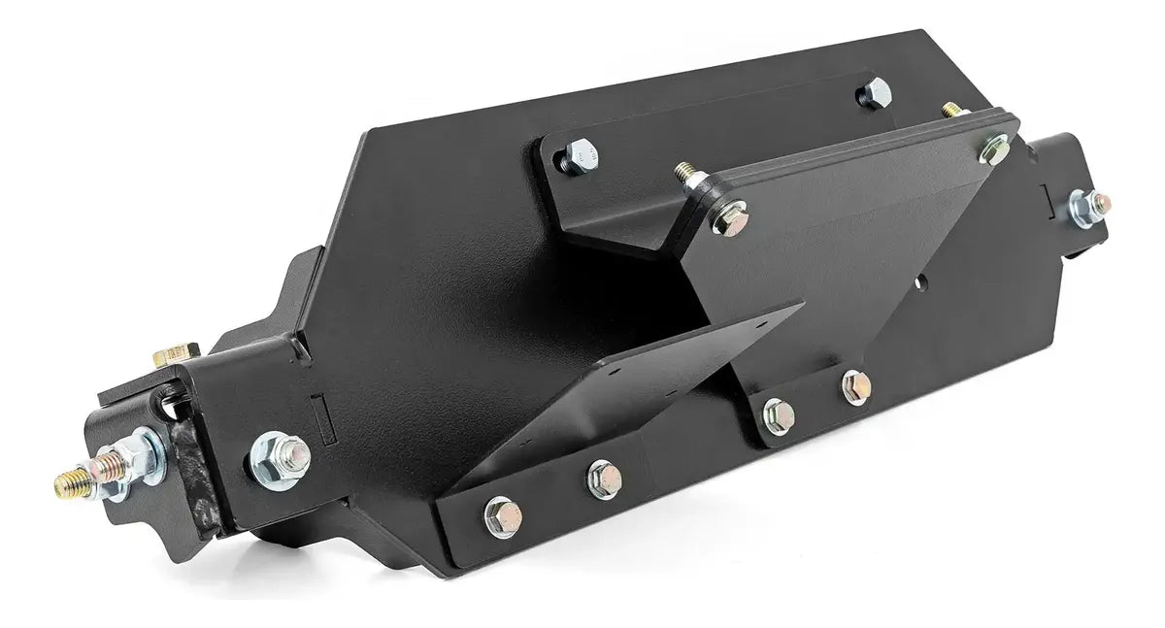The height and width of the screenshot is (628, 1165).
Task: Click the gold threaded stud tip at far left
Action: point(66,483)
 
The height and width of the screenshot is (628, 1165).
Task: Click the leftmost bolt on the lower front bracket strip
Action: point(502,516)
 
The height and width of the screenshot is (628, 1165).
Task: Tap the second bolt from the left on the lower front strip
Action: point(603,478)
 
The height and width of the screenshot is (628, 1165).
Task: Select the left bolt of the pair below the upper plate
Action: point(779,414)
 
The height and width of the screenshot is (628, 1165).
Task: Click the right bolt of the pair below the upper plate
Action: point(856,386)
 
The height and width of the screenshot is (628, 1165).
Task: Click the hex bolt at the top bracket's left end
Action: point(581,154)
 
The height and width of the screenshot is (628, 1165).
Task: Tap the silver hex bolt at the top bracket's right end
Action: point(874,94)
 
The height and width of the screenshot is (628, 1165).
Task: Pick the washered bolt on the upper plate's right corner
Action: point(993,148)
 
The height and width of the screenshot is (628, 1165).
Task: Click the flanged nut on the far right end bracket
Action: point(1088,206)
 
